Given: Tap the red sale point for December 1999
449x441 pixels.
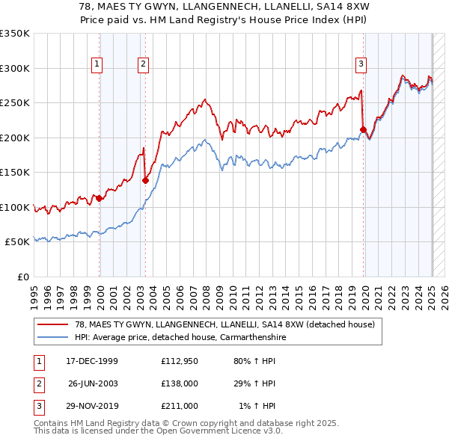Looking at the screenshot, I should click(x=99, y=198).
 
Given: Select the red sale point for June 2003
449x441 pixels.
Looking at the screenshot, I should click(x=145, y=179).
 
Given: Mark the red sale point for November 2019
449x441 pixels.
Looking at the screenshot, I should click(x=363, y=129).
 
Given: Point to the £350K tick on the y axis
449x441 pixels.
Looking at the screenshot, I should click(x=16, y=34).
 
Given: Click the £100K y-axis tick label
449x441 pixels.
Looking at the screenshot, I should click(x=16, y=207).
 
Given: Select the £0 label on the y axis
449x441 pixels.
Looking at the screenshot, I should click(x=23, y=277).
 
